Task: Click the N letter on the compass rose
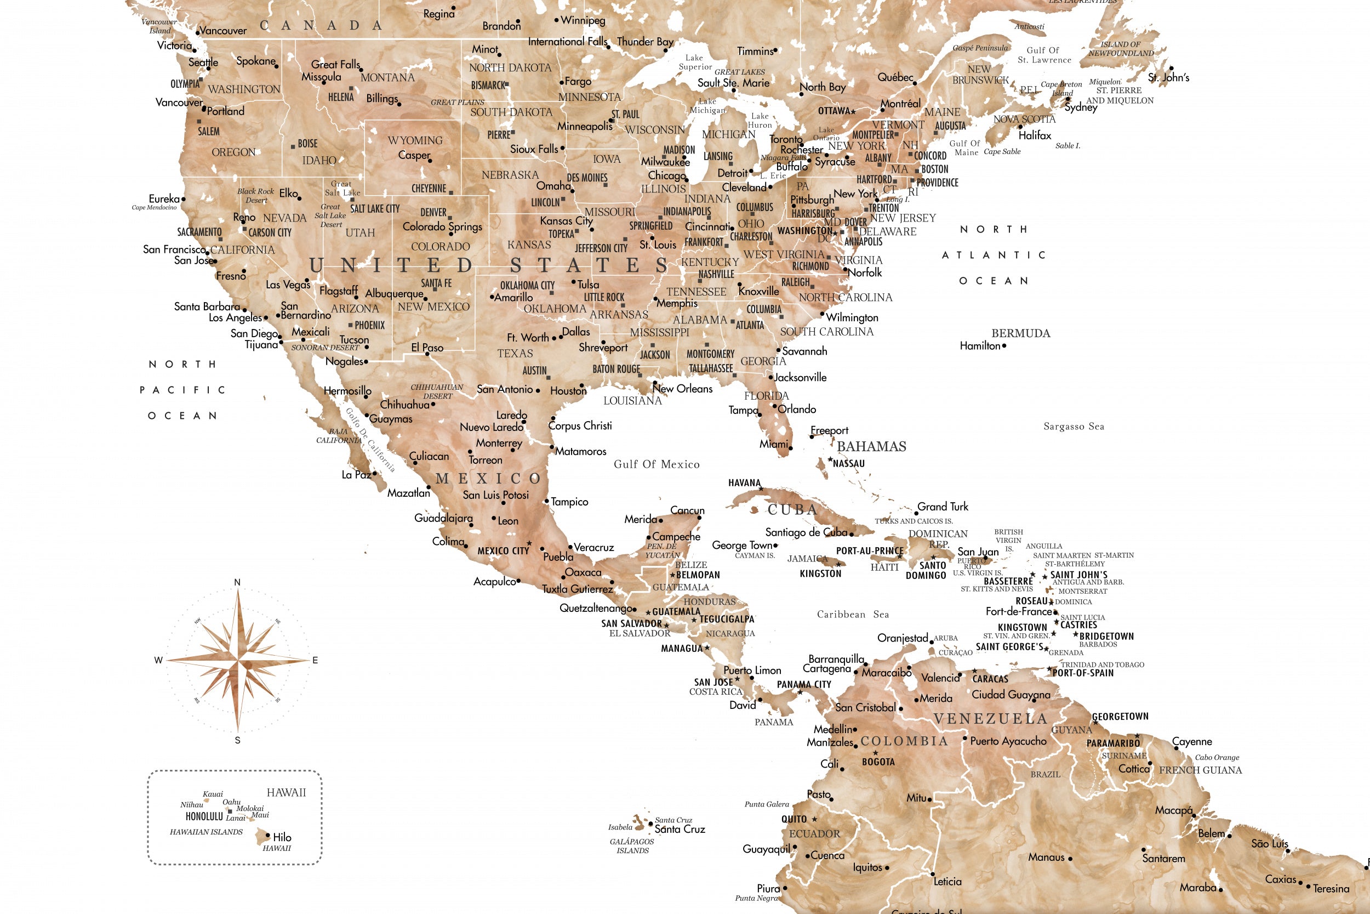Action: (x=237, y=582)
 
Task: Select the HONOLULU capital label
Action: (x=204, y=816)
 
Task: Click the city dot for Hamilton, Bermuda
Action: (x=1004, y=345)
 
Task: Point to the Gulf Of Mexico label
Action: (x=657, y=464)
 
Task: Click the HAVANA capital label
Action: (x=744, y=483)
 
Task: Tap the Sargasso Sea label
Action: (x=1074, y=427)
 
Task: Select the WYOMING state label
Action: (x=415, y=140)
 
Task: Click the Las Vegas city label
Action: (x=288, y=285)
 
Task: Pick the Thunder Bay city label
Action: (x=645, y=41)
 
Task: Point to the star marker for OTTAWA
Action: (x=853, y=111)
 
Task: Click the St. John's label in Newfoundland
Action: (x=1168, y=77)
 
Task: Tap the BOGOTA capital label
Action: (x=878, y=762)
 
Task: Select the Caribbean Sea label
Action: (x=853, y=615)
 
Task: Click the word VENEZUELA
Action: (x=990, y=719)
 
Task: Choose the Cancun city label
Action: (x=687, y=510)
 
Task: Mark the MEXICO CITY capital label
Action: (x=503, y=551)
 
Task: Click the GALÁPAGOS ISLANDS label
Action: (x=632, y=846)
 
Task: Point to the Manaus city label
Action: (x=1046, y=858)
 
